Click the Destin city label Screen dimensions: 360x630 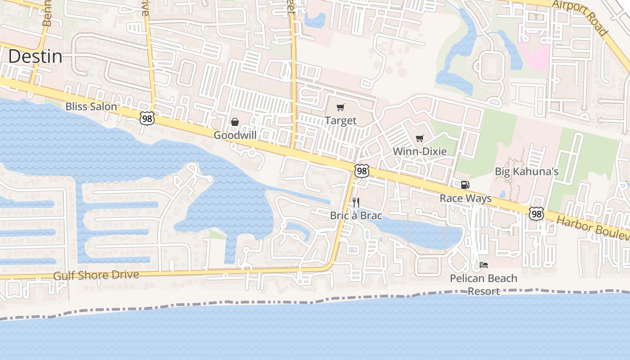coord(35,57)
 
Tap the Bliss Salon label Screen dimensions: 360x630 coord(91,107)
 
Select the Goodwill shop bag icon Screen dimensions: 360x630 coord(234,122)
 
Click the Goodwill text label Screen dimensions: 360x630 coord(235,135)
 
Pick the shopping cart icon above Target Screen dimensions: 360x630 coord(340,108)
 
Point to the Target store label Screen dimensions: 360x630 coord(341,121)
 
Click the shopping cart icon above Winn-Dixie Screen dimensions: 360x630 coord(420,138)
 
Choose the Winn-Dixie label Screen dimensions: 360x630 coord(420,151)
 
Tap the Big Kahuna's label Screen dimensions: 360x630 coord(526,171)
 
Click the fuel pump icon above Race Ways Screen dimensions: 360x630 coord(465,184)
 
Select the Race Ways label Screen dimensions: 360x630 coord(465,198)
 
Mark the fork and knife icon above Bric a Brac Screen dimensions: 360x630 coord(356,202)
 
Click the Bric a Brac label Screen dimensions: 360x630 coord(356,216)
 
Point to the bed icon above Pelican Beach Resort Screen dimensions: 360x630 coord(484,265)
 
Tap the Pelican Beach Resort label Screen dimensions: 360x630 coord(484,284)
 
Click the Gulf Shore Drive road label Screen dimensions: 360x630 coord(96,275)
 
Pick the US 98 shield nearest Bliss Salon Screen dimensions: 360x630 coord(147,118)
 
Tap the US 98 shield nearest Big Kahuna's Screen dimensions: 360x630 coord(536,214)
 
